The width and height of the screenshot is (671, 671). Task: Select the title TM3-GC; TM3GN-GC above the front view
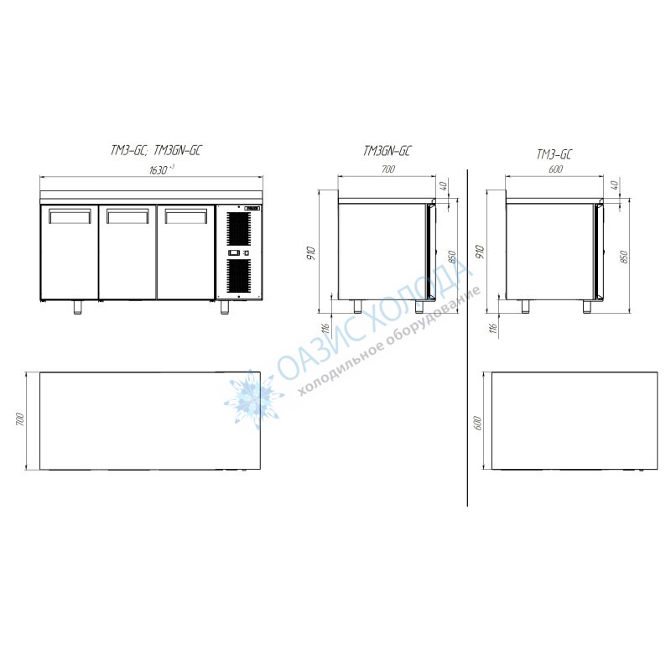point(156,150)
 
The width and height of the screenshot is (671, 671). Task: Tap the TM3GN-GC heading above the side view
point(388,151)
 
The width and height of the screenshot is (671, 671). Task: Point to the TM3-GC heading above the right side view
point(554,154)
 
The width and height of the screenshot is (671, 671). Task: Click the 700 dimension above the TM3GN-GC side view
point(388,169)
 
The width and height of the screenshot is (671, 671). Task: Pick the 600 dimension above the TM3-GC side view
point(555,169)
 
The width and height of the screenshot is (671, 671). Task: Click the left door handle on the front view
point(70,216)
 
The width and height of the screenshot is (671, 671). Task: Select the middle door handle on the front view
point(127,216)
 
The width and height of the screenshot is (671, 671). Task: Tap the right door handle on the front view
point(185,216)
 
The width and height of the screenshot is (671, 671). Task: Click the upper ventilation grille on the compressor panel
point(238,229)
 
